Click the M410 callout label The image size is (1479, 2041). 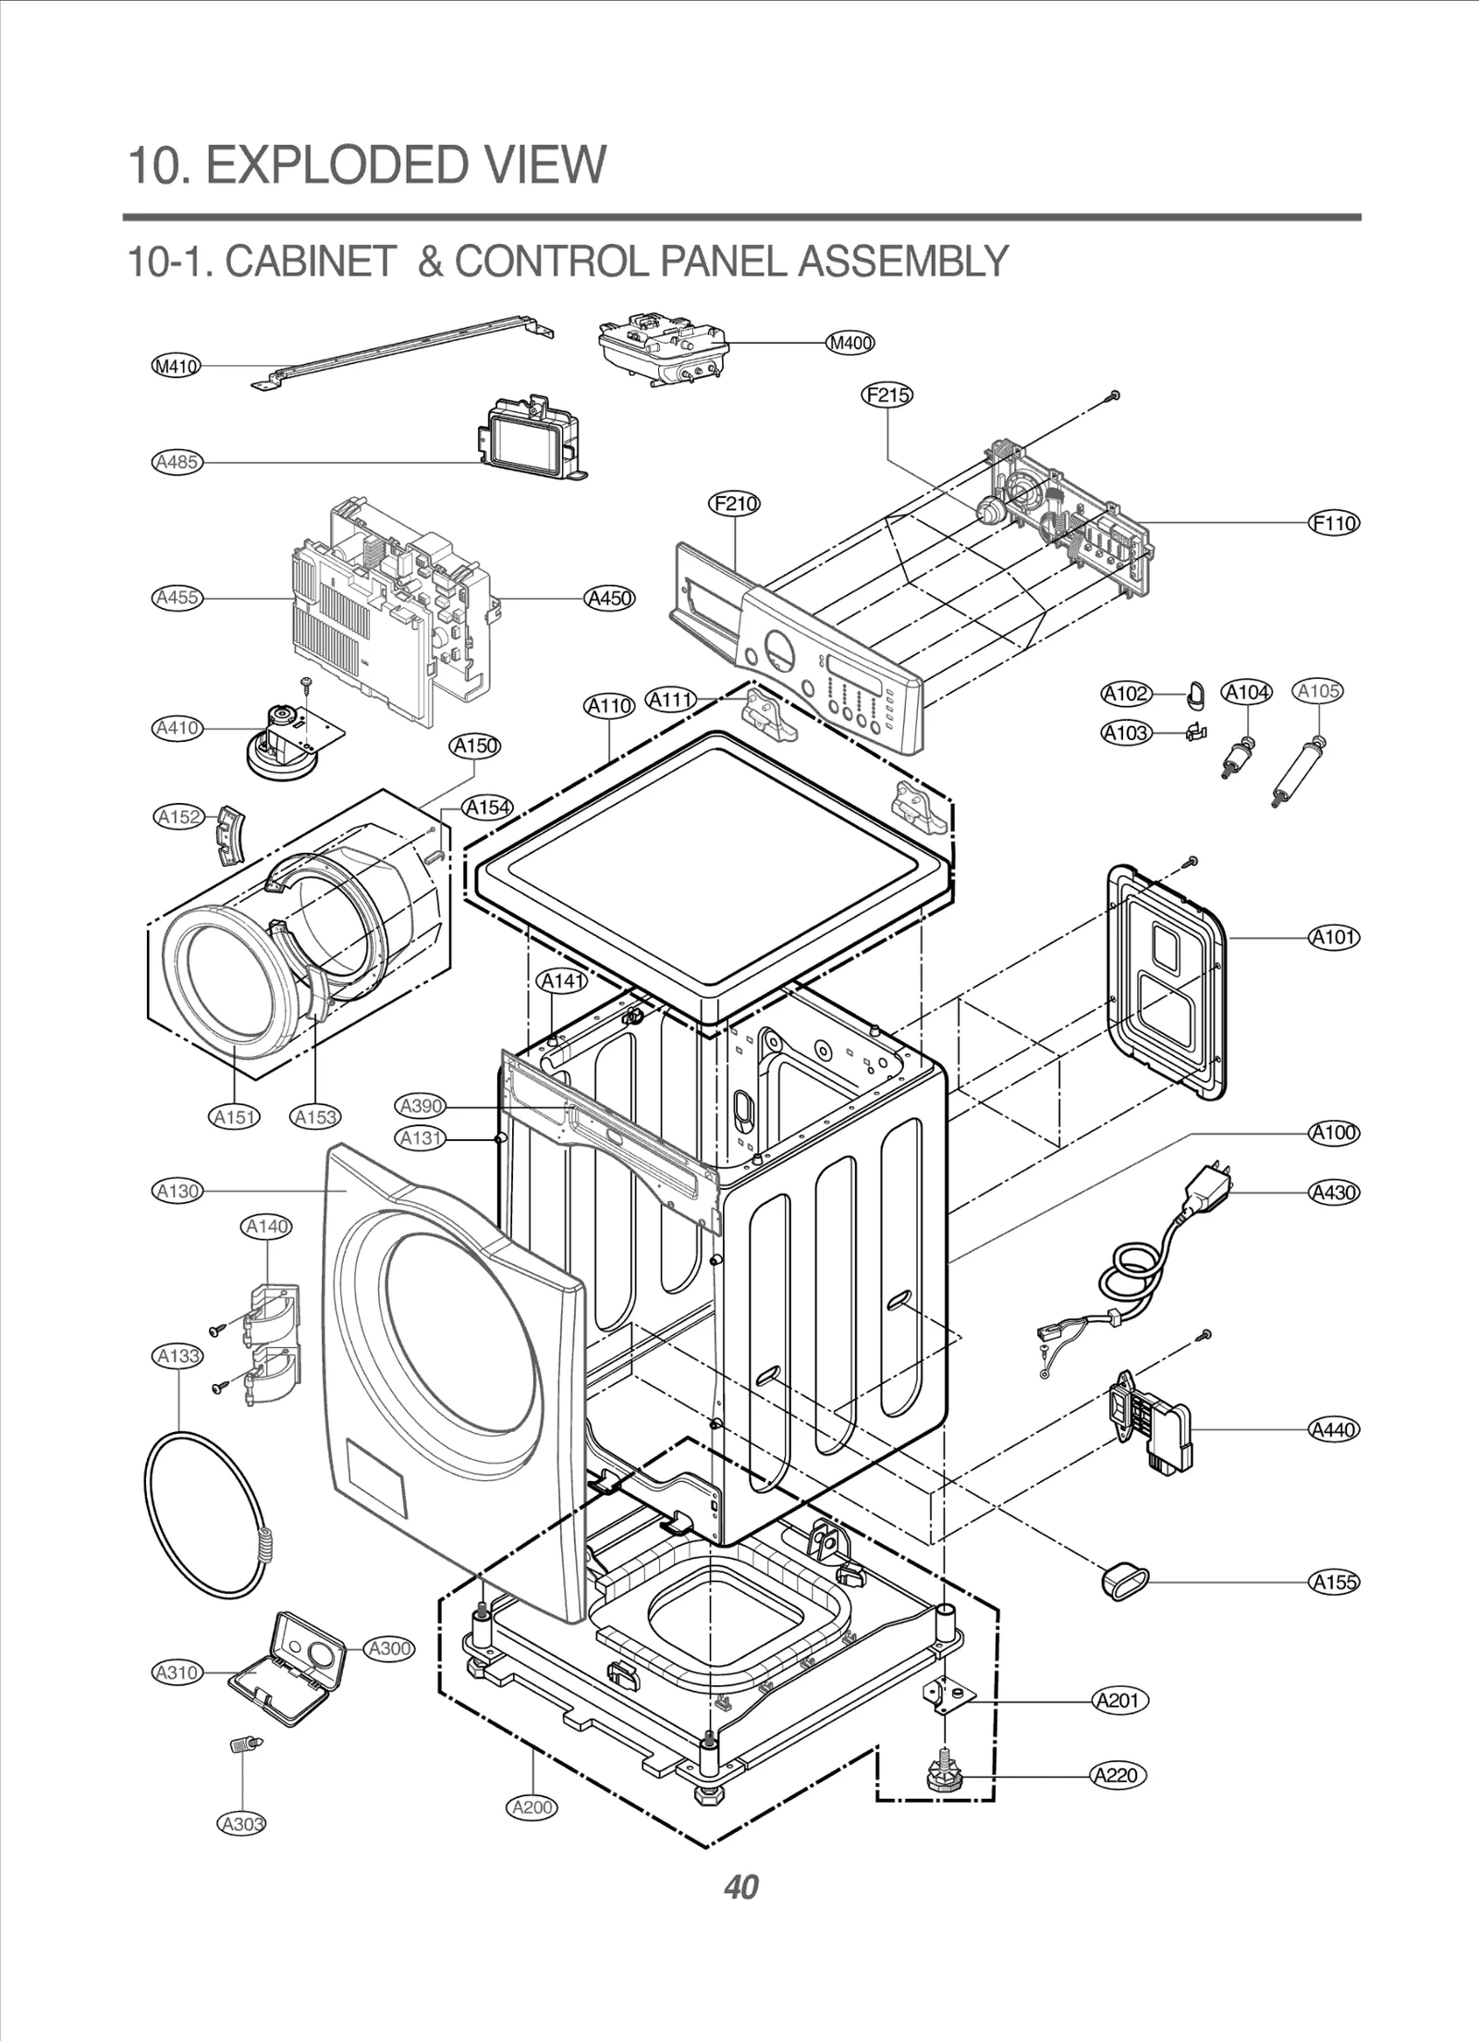(176, 366)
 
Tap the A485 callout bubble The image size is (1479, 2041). (177, 461)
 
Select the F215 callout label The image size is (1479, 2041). (887, 395)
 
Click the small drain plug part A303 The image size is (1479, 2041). (243, 1744)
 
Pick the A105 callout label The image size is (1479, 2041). (1318, 691)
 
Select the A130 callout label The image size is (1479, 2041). (177, 1191)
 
